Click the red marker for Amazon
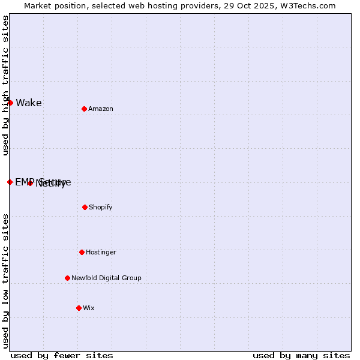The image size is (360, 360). (84, 109)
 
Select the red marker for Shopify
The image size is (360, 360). (85, 207)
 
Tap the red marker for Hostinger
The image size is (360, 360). (82, 252)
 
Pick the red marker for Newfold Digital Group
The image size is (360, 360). (67, 278)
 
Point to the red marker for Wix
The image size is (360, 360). (79, 308)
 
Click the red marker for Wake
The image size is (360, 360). (10, 103)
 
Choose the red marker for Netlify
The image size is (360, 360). (30, 183)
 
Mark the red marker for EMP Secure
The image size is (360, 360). (10, 182)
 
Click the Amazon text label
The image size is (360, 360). (101, 109)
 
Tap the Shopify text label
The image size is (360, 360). (101, 207)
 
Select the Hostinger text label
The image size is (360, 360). (101, 252)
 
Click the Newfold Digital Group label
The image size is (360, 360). (106, 278)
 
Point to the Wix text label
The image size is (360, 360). (89, 308)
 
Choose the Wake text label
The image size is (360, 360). (29, 103)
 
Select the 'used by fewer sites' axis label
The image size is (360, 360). (62, 355)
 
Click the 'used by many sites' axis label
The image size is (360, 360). (301, 355)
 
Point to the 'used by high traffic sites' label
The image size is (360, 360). (5, 85)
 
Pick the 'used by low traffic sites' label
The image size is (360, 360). (5, 280)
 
